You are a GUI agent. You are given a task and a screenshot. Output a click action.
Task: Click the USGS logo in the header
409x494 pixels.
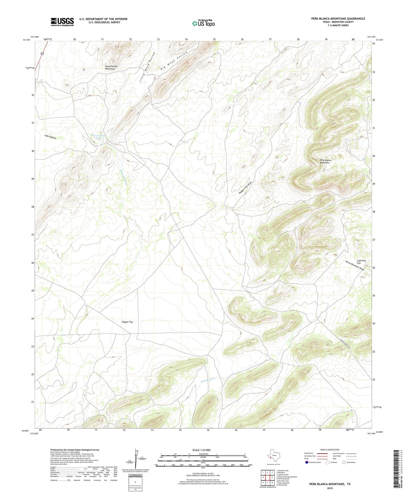[x=62, y=22]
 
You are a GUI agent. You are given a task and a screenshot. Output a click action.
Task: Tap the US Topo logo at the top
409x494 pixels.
[x=203, y=23]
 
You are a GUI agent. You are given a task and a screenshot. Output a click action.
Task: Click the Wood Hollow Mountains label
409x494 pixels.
[x=112, y=68]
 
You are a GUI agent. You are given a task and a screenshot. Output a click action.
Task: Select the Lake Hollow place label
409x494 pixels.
[x=50, y=137]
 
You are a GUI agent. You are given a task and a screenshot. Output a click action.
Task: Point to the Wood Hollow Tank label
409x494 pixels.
[x=98, y=137]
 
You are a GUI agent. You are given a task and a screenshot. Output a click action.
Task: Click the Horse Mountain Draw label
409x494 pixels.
[x=354, y=265]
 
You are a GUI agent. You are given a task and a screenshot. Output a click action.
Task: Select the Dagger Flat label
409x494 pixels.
[x=127, y=322]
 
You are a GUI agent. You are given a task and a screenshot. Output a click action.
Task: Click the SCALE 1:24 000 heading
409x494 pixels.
[x=203, y=450]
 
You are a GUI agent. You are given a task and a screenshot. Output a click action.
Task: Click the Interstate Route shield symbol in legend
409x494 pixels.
[x=308, y=462]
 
